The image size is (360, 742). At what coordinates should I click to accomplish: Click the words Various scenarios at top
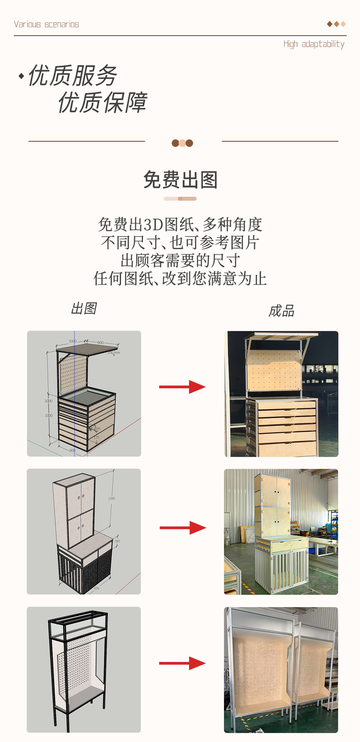46,24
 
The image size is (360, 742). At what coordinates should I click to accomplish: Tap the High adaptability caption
314,44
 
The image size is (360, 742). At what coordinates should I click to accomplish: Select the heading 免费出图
180,180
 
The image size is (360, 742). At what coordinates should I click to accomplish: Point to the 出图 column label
84,309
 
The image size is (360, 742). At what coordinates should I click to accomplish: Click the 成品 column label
281,311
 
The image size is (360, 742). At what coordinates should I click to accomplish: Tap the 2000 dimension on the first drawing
48,401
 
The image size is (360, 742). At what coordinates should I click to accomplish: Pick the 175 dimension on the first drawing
97,437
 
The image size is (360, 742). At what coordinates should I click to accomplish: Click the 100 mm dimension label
114,353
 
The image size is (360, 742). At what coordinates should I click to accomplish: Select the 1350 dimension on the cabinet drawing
112,499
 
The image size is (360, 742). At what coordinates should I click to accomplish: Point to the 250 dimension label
117,541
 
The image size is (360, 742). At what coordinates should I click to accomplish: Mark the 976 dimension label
97,589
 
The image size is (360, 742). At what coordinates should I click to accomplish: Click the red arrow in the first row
182,387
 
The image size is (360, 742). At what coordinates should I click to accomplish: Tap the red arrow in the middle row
183,528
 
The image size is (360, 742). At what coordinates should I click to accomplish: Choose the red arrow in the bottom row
182,664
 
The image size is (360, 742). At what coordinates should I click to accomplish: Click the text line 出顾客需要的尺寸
180,261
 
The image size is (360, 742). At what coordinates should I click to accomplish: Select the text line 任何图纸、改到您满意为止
180,279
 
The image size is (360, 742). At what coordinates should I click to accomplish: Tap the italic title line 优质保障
102,103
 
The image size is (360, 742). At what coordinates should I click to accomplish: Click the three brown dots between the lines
182,143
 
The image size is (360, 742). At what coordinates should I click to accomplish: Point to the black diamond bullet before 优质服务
21,76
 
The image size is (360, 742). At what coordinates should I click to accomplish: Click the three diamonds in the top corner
336,24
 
